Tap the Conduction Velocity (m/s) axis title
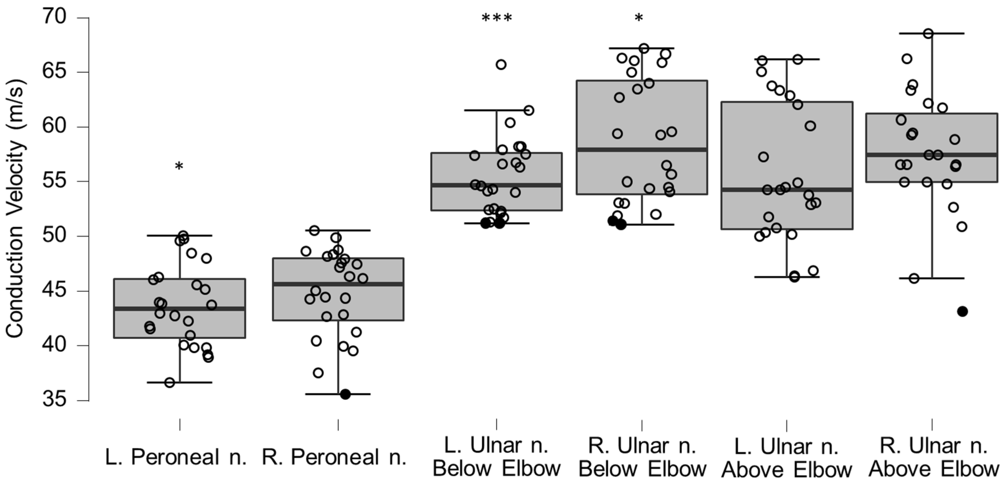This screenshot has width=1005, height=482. [16, 209]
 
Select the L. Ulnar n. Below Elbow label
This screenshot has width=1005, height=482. [496, 458]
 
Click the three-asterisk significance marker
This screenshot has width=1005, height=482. [497, 18]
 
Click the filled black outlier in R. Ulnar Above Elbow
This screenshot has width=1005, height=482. [962, 311]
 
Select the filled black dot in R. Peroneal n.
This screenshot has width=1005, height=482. [345, 394]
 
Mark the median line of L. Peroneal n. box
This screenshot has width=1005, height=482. [179, 309]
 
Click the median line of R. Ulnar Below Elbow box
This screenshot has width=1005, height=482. [642, 149]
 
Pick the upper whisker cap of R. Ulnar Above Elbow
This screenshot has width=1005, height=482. [933, 33]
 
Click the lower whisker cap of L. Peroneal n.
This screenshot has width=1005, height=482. [179, 382]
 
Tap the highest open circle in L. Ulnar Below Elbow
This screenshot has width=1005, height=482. [501, 65]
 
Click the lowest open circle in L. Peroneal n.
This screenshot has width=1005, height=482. [170, 382]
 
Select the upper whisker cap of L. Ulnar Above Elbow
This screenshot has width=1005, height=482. [787, 59]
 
